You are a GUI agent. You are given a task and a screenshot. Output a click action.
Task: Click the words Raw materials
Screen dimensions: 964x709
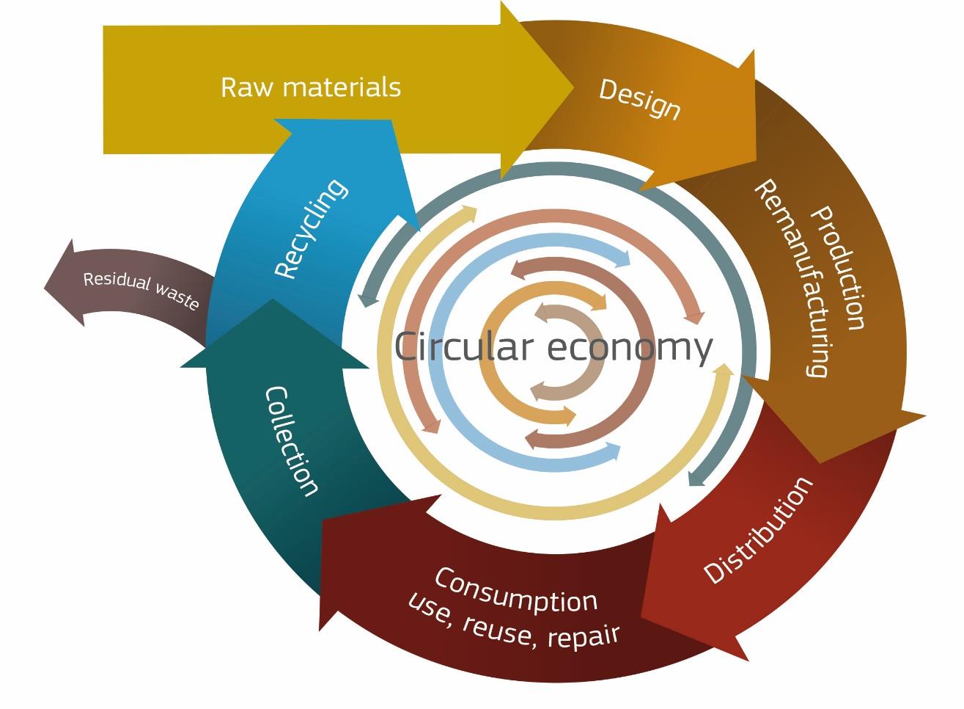point(311,87)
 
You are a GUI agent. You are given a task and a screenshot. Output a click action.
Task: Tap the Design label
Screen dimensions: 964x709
point(640,100)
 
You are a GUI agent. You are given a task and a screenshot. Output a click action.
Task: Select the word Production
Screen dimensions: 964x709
point(838,268)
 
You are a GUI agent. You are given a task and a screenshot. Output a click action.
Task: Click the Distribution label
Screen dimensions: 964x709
point(758,530)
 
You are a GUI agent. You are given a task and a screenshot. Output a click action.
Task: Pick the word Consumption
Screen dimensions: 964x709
point(516,590)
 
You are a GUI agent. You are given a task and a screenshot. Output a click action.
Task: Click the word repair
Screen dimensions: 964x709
point(583,636)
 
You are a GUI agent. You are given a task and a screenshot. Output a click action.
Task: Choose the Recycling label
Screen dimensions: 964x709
point(311,229)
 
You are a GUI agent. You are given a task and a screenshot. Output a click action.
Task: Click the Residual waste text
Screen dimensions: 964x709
point(141,290)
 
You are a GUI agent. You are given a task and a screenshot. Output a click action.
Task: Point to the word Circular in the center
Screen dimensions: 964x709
point(463,346)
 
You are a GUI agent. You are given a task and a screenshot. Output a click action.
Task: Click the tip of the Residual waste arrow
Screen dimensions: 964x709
point(44,288)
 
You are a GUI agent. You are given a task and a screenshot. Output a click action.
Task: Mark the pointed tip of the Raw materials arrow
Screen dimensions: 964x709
point(574,87)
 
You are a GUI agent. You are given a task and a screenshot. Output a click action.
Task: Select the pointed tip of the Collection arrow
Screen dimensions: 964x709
point(273,299)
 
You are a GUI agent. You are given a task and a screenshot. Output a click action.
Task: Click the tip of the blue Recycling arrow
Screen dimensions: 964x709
point(419,231)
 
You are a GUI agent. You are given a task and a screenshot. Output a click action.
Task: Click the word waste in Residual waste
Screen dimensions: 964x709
point(177,297)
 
